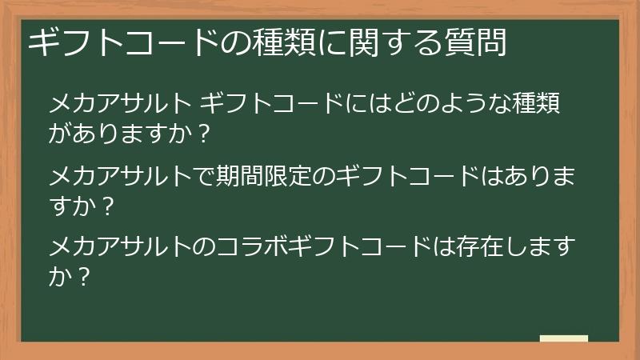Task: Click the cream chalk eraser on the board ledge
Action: click(x=563, y=338)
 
